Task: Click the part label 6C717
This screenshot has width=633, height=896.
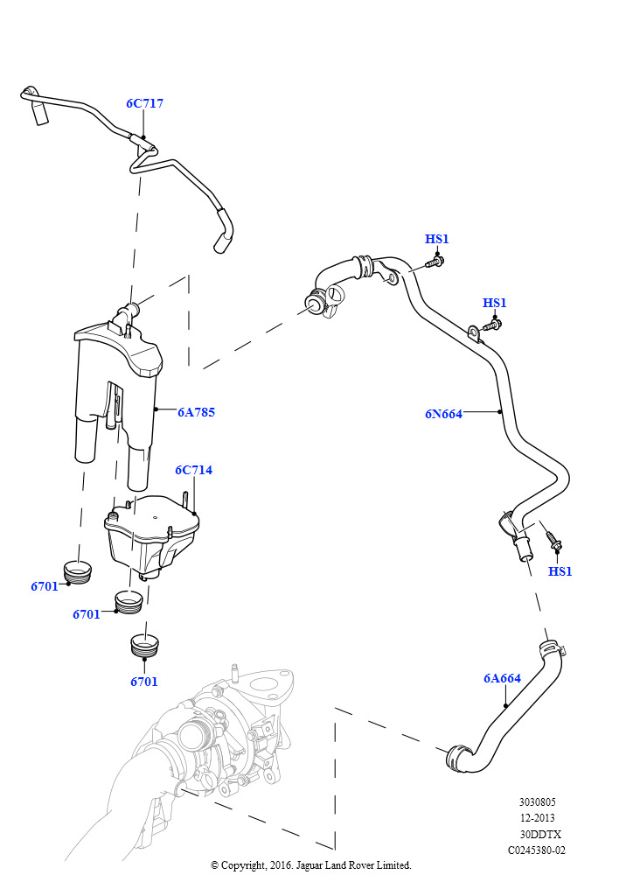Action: [144, 103]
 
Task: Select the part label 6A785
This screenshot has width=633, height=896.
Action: [196, 411]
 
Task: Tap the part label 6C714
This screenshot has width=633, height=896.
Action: [193, 470]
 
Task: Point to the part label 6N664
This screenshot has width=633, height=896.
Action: [443, 414]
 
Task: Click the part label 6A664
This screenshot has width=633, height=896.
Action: [502, 678]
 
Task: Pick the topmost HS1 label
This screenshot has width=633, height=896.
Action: [436, 239]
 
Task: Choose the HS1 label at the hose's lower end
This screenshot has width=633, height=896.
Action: [560, 571]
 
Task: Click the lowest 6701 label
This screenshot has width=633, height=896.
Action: [144, 682]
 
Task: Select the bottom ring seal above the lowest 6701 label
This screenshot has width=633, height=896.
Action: [144, 644]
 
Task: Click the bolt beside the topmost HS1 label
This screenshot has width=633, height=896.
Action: [435, 260]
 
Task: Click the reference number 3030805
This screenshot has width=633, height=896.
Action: [537, 801]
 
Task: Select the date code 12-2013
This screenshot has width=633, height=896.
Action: [537, 817]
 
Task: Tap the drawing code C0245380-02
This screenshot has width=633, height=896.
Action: [537, 850]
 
